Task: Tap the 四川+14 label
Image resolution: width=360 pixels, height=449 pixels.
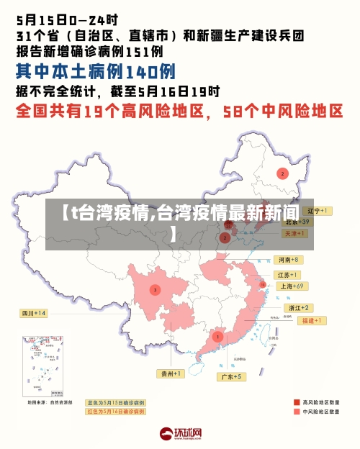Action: [x=32, y=313]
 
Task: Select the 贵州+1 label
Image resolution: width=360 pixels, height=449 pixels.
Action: [x=171, y=373]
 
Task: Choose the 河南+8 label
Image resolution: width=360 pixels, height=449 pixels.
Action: [x=287, y=259]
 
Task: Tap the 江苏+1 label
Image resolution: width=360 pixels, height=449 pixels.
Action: [x=287, y=275]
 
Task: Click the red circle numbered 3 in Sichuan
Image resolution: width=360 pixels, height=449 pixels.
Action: [x=155, y=289]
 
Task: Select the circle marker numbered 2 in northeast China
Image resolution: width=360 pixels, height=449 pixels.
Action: [x=283, y=173]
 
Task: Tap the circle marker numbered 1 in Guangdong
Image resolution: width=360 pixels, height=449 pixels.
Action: [x=217, y=336]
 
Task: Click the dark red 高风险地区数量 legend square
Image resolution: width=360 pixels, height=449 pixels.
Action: [x=296, y=402]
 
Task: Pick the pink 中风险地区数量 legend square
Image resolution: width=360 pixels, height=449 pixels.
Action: [x=296, y=412]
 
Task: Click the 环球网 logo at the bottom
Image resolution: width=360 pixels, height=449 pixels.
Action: [x=180, y=433]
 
